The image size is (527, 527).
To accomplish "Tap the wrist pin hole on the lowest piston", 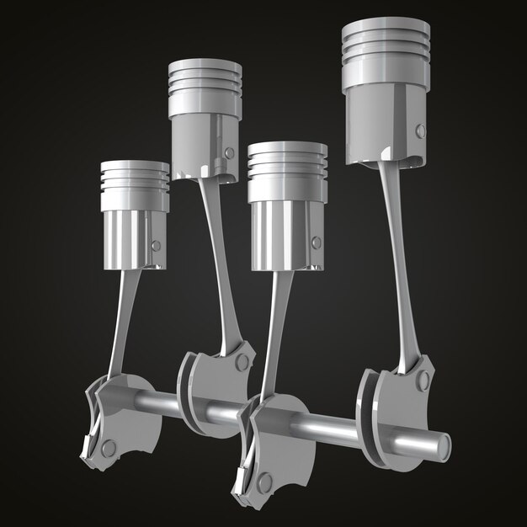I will [x=155, y=245].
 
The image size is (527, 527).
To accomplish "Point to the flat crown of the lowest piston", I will [x=134, y=166].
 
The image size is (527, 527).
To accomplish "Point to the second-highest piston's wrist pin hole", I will [x=229, y=152].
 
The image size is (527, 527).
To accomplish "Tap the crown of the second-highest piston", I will [x=205, y=64].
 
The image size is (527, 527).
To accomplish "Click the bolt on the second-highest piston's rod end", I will [x=243, y=363].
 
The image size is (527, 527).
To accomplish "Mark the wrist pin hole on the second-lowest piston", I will [x=316, y=242].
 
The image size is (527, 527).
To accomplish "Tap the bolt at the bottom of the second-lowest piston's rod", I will [x=264, y=483].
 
